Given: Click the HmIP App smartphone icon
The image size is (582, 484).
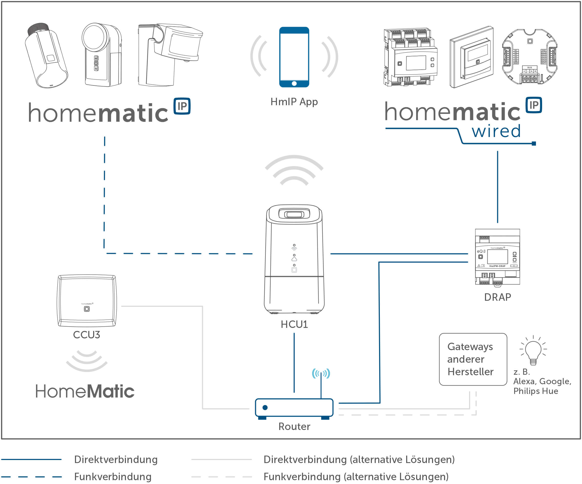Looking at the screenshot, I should pos(294,57).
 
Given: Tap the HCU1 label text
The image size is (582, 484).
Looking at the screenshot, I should pos(294,324).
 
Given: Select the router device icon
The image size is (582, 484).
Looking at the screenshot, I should pos(294,408).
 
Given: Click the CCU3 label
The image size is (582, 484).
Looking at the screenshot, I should pos(87,335).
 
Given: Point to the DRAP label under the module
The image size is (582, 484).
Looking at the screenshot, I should pos(498,297).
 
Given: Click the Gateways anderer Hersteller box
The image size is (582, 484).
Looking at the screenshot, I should pos(473,359).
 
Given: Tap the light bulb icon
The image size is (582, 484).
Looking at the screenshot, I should pos(533,351).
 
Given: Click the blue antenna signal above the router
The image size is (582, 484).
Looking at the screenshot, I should pos(321,373).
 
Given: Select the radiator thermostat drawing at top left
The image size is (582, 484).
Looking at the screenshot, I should pos(46,56).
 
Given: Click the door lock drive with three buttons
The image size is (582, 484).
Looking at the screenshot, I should pos(102,55).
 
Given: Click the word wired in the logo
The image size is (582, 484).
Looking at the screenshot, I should pos(496,131).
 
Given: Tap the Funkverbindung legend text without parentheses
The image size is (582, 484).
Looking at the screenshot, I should pos(113,477).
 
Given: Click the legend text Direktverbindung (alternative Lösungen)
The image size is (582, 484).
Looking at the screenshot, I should pos(359,460).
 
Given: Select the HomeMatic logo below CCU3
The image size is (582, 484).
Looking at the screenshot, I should pos(85,391).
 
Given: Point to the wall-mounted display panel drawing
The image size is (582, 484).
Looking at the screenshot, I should pos(471,57).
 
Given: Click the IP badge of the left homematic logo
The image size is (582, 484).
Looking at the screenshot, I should pos(182,106).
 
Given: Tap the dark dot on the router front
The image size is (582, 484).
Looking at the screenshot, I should pos(265,407).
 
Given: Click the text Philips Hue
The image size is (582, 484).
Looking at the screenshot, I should pos(535,391).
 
